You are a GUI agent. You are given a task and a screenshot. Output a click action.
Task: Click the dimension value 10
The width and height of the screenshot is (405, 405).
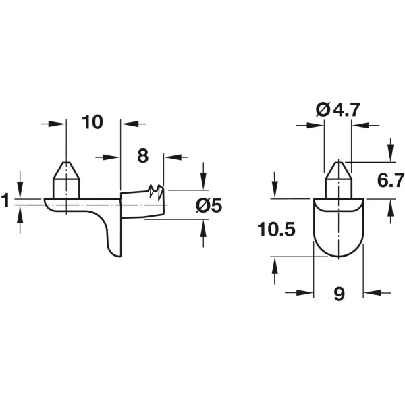pos(92,122)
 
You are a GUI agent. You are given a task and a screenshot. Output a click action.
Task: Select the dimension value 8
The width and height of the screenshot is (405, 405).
pos(143,156)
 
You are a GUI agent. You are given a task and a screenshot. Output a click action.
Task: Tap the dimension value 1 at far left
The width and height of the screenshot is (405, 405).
pos(5,200)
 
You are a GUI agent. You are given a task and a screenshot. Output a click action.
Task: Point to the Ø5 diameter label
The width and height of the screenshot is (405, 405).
pos(209,206)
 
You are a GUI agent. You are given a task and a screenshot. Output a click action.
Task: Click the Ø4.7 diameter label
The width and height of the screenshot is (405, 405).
pos(338,110)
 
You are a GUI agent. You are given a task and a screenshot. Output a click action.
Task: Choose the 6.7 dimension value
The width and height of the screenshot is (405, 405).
pos(391,180)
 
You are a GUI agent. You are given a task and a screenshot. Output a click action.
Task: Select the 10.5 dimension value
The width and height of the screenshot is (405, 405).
pos(276,229)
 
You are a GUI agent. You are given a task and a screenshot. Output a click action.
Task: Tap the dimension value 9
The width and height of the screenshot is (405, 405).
pos(339,294)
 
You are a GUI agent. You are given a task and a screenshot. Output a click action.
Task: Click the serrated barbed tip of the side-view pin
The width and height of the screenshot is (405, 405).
pos(156,192)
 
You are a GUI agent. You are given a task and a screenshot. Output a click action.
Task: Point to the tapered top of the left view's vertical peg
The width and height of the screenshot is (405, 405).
pos(66,170)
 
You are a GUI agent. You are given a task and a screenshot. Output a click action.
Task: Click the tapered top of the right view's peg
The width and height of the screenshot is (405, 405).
pos(338,170)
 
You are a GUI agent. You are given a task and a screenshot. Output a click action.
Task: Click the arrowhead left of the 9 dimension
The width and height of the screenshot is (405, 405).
pos(305,293)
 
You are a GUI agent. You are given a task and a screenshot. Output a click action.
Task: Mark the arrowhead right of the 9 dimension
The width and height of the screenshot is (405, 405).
pos(372,293)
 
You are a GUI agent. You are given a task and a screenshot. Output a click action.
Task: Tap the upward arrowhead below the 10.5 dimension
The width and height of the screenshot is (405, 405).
pos(274,265)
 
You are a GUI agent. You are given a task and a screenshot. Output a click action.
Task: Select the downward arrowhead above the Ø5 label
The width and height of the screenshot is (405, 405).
pos(204,182)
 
